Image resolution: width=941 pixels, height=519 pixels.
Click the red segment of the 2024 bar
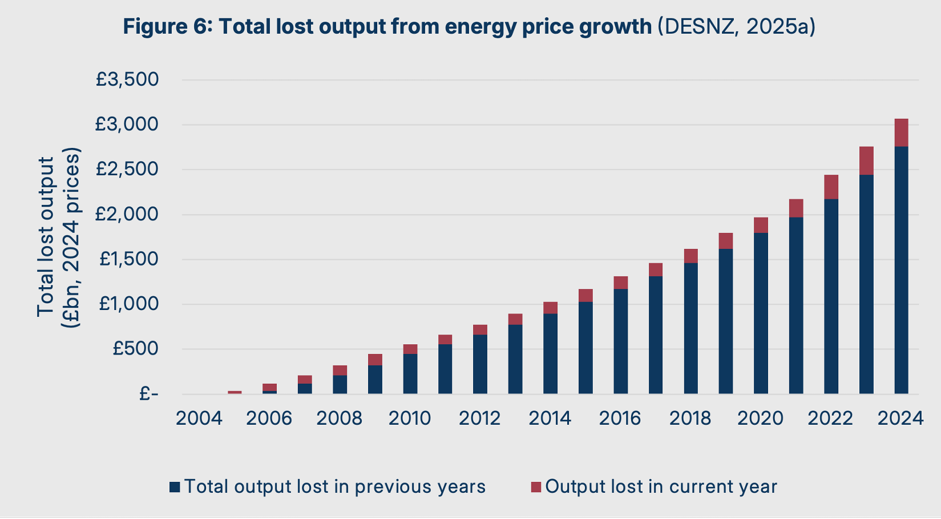(x=901, y=132)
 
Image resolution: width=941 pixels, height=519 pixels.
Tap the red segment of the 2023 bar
(x=866, y=160)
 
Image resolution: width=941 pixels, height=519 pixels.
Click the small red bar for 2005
(x=235, y=392)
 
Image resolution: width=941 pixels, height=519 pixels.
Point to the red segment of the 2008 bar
(x=340, y=370)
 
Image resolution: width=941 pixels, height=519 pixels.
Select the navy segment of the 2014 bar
(x=550, y=353)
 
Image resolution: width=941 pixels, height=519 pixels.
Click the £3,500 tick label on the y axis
(x=127, y=79)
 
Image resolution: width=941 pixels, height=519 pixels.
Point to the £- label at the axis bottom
(x=148, y=393)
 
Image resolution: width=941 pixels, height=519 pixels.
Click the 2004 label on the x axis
(x=199, y=419)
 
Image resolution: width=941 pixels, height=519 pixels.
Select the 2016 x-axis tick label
(x=620, y=419)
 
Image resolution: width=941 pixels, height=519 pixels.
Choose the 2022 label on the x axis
(x=831, y=419)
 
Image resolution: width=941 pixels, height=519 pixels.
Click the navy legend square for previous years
(x=175, y=487)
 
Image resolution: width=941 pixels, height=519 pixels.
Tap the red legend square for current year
(x=536, y=487)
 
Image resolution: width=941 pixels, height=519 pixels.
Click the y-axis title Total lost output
(x=46, y=237)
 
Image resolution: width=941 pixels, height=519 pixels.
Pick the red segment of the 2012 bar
(x=480, y=329)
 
